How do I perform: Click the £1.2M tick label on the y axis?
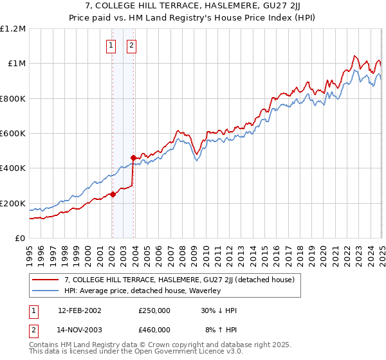tap(13, 29)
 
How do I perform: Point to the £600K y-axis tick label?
tap(13, 134)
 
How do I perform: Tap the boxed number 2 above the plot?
tap(131, 46)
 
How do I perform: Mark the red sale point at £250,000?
tap(113, 195)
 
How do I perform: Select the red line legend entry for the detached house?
tap(179, 280)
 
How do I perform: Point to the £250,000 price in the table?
tap(154, 310)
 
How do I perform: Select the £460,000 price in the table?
tap(154, 329)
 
